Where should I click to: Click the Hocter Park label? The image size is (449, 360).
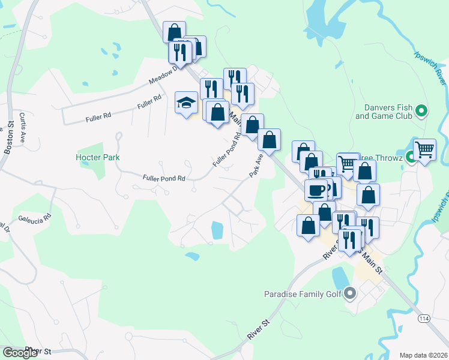(98, 157)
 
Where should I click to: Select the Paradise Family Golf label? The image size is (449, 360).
(303, 294)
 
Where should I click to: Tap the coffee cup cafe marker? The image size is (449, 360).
(316, 191)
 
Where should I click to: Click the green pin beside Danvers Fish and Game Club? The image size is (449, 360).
(421, 110)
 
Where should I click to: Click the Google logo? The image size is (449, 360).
(20, 353)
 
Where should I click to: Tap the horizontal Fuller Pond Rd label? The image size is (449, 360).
(163, 178)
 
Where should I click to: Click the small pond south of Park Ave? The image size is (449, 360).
(217, 229)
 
